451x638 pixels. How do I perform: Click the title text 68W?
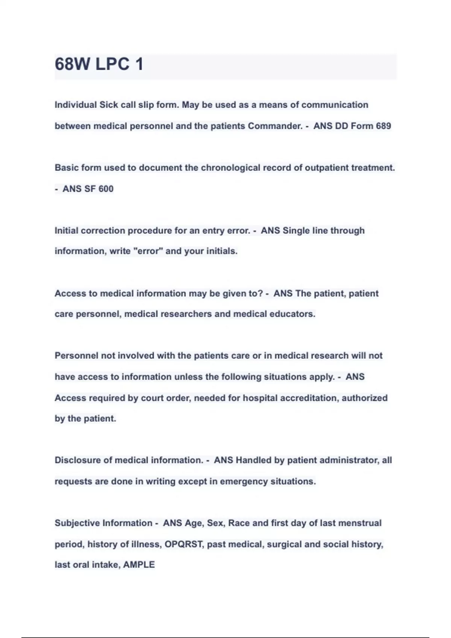(x=72, y=64)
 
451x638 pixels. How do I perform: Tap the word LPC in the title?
(x=112, y=64)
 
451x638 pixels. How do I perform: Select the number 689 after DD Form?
(x=383, y=126)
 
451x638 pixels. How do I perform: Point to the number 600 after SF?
(x=106, y=189)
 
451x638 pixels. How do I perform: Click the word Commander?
(x=275, y=126)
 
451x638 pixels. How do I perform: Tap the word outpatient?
(x=326, y=168)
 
